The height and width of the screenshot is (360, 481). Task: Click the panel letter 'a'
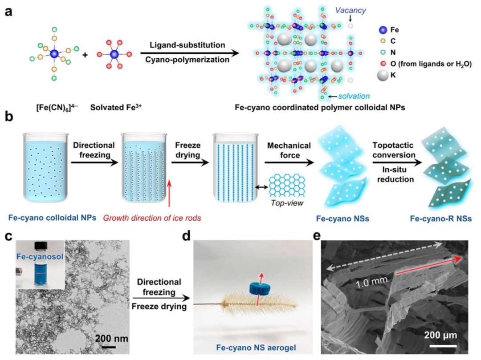pos(8,11)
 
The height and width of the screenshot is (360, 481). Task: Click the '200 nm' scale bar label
pos(111,338)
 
